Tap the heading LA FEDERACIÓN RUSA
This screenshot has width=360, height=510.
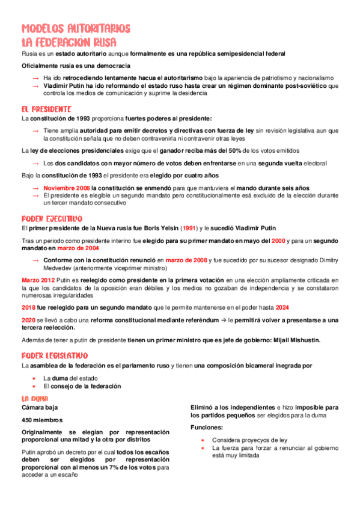pyautogui.click(x=69, y=42)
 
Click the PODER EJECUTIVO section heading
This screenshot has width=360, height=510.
pyautogui.click(x=52, y=218)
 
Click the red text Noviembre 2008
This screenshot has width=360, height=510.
pyautogui.click(x=67, y=188)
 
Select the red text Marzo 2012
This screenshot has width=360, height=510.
pyautogui.click(x=38, y=280)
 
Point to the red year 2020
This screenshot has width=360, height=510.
pyautogui.click(x=28, y=319)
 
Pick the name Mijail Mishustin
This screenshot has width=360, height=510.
pyautogui.click(x=297, y=340)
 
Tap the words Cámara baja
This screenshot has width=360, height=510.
pyautogui.click(x=38, y=407)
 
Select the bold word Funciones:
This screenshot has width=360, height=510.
pyautogui.click(x=206, y=427)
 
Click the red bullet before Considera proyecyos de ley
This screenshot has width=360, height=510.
pyautogui.click(x=203, y=440)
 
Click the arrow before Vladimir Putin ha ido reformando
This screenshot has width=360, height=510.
pyautogui.click(x=35, y=86)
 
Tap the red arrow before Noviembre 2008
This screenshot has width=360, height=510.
pyautogui.click(x=35, y=188)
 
